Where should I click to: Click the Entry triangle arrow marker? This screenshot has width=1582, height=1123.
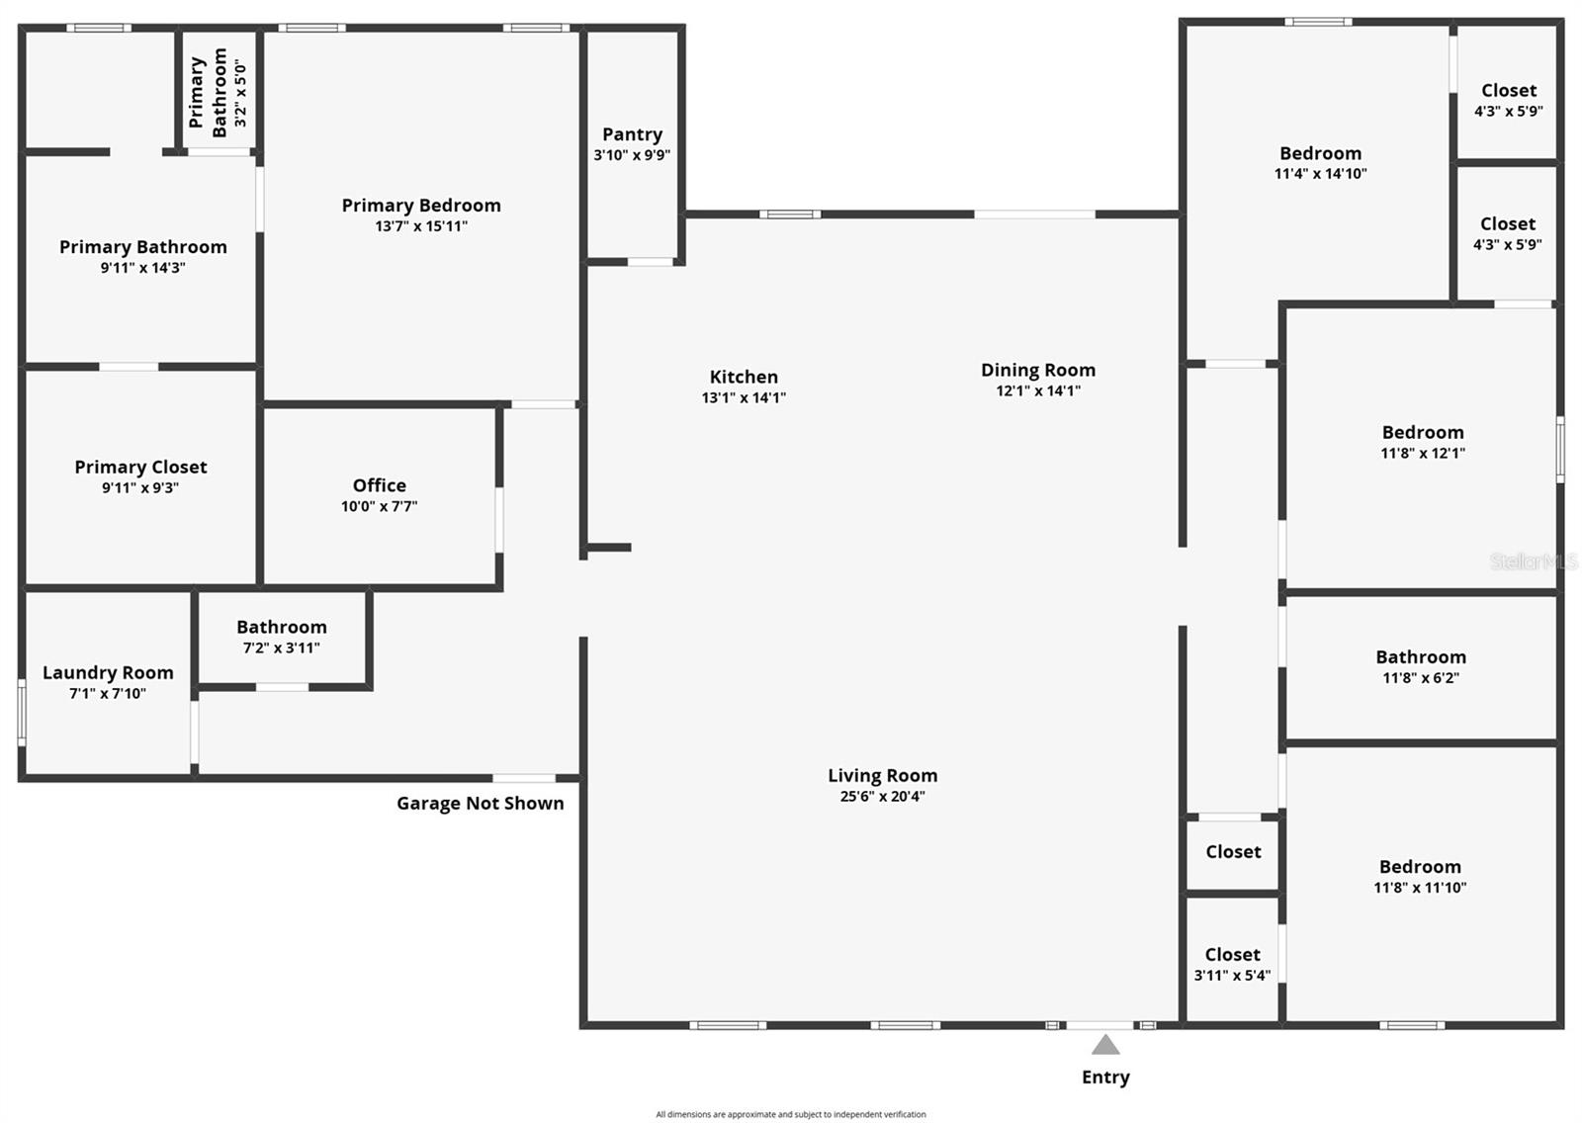click(1105, 1045)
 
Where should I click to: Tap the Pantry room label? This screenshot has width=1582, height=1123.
click(632, 134)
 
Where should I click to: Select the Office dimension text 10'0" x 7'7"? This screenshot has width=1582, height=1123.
click(380, 506)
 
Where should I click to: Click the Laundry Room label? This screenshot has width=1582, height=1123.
click(108, 672)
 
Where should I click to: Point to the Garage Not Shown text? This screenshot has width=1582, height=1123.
click(481, 803)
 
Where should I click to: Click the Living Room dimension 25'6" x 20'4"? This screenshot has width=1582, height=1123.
click(882, 797)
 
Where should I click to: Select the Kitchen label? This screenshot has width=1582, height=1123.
click(744, 377)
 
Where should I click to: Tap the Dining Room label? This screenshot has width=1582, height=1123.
click(1037, 370)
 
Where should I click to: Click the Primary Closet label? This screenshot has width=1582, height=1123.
click(140, 467)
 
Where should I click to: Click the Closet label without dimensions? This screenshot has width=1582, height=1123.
click(1233, 851)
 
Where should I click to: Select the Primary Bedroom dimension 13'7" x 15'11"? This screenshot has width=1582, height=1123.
click(421, 226)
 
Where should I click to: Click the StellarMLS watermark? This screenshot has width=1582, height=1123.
click(1534, 561)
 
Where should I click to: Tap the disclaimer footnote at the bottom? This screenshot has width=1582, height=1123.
click(791, 1114)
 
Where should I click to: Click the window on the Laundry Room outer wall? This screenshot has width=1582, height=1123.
click(22, 712)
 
